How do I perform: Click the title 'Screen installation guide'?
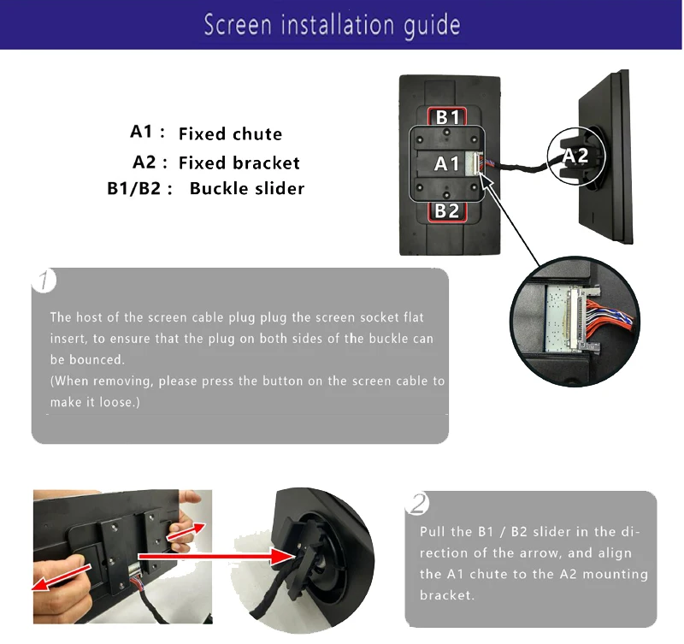click(332, 25)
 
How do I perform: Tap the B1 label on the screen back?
click(447, 117)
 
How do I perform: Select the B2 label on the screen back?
click(447, 210)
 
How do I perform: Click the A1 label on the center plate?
click(446, 163)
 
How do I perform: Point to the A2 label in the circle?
click(575, 155)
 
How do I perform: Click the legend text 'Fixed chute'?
click(230, 133)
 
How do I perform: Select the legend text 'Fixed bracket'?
click(239, 162)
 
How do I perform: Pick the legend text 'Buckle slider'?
click(246, 188)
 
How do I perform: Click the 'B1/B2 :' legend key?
click(140, 188)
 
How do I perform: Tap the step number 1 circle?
click(45, 281)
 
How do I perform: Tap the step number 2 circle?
click(417, 504)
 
